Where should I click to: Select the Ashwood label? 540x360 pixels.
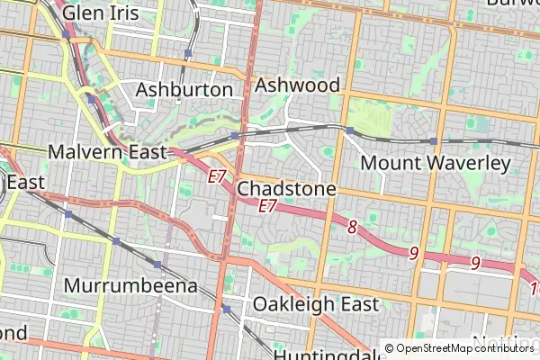[x=298, y=85]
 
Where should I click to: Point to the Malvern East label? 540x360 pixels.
[x=108, y=151]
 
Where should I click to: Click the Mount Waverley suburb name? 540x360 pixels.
[x=435, y=163]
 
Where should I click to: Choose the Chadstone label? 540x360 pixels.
[x=286, y=189]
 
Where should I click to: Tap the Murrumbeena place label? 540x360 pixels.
[x=130, y=286]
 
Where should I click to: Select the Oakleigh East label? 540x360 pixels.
[x=316, y=304]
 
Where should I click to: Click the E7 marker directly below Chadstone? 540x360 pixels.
[x=267, y=206]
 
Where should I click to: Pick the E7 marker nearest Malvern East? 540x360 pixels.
[x=217, y=177]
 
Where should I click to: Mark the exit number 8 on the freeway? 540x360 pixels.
[x=353, y=226]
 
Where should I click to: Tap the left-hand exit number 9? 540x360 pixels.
[x=414, y=253]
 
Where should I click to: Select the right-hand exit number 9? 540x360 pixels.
[x=475, y=263]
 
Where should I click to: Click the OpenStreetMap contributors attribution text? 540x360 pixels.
[x=463, y=348]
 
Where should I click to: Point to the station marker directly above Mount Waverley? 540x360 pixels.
[x=433, y=141]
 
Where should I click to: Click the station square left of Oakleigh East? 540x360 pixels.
[x=227, y=309]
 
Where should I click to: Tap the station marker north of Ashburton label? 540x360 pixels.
[x=188, y=54]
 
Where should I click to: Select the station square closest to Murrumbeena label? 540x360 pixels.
[x=157, y=265]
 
